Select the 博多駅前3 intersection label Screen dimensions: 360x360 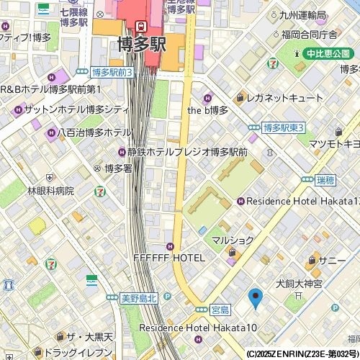112,72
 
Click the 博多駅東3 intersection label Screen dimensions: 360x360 284,127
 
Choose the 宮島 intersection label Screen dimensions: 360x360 220,310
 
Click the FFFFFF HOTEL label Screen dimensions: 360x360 169,257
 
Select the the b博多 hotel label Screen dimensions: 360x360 207,110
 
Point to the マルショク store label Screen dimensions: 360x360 233,240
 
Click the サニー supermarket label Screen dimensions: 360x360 332,260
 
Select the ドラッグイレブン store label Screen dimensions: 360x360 76,352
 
